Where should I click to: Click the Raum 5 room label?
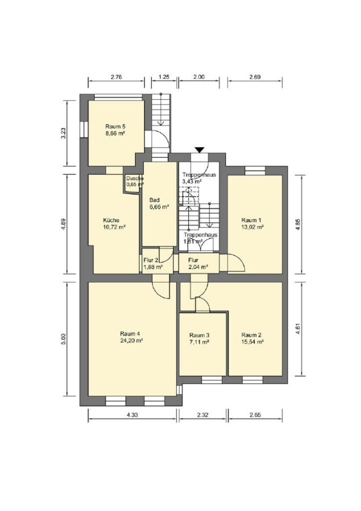click(115, 127)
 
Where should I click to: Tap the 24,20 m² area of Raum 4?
click(132, 341)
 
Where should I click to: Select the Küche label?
click(111, 220)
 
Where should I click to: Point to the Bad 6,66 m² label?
click(159, 203)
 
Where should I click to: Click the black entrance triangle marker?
click(199, 150)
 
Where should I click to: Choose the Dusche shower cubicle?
click(133, 185)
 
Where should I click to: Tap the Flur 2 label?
click(151, 261)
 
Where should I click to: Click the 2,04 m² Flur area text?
click(199, 267)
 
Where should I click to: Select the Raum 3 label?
click(199, 336)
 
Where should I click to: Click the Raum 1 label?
click(251, 220)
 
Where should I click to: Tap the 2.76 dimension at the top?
click(116, 77)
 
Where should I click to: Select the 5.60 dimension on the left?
click(64, 340)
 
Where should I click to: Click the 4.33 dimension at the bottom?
click(132, 415)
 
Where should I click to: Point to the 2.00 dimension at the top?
click(199, 77)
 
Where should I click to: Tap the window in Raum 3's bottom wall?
click(212, 380)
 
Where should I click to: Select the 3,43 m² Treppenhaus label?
click(192, 182)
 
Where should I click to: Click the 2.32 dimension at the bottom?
click(203, 415)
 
